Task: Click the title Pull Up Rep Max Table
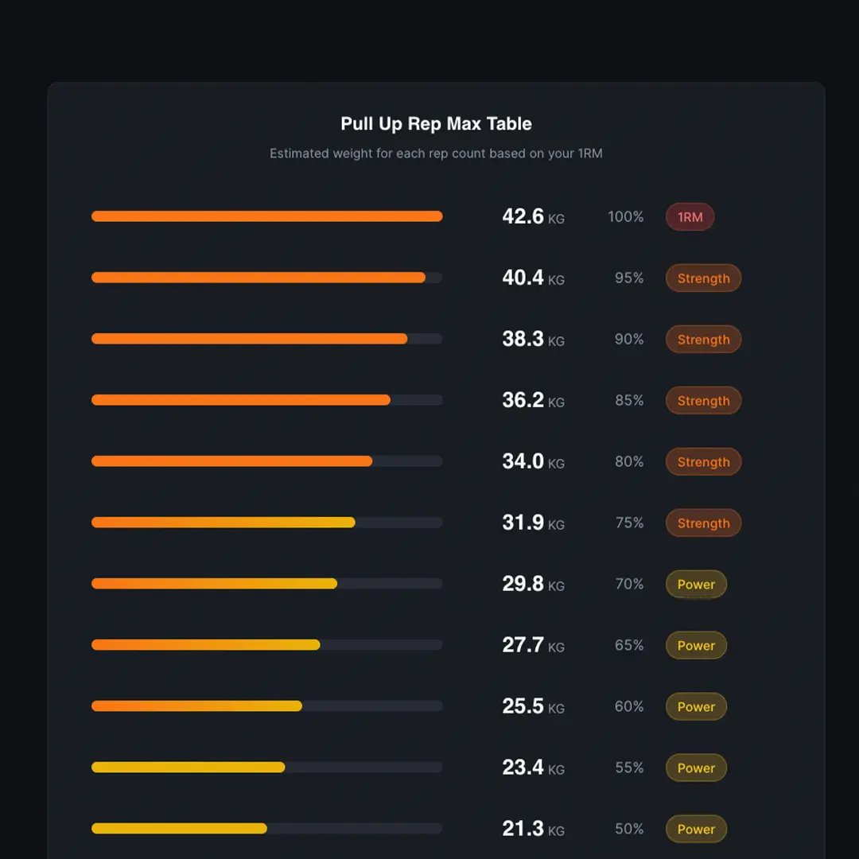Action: [x=436, y=124]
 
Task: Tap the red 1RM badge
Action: [x=690, y=217]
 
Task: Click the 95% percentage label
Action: [x=628, y=278]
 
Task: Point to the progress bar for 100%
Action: [x=266, y=216]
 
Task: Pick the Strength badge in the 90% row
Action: [x=703, y=340]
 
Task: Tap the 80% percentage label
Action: [x=628, y=462]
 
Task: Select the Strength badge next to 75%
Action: [x=703, y=523]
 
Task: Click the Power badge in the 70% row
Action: [x=696, y=585]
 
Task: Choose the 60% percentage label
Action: [x=628, y=707]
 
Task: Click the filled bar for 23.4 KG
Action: [x=188, y=768]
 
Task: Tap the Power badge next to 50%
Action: [x=696, y=830]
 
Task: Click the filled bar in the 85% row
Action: [x=240, y=400]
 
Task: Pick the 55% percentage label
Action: [x=628, y=768]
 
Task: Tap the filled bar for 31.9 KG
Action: [x=223, y=523]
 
